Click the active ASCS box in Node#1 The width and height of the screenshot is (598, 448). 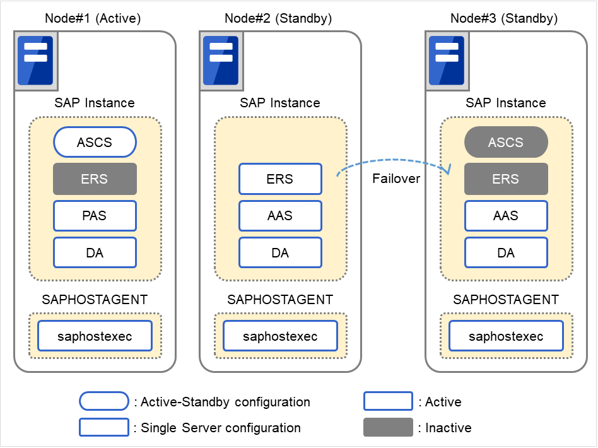95,143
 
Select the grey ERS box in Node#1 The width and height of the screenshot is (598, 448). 95,179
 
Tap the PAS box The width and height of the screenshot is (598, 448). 95,216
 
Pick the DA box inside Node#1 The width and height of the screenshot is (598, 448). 95,253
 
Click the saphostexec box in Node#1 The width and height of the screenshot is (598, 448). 95,336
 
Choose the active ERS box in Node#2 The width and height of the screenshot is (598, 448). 280,179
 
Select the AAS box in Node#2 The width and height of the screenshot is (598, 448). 280,216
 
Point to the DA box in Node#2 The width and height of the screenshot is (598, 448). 280,253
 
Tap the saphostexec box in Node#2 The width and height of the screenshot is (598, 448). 280,336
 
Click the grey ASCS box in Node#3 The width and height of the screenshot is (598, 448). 506,143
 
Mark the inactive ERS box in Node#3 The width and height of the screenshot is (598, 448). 506,179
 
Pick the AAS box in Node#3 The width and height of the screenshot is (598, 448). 506,216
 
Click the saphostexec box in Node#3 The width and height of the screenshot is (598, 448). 506,336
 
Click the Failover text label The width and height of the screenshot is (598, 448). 396,179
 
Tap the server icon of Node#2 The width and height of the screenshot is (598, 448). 221,61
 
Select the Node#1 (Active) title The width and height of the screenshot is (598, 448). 93,18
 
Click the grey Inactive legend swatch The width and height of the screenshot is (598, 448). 388,427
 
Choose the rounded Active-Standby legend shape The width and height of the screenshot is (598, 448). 104,401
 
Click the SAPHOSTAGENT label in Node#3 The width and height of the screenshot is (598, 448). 506,300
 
